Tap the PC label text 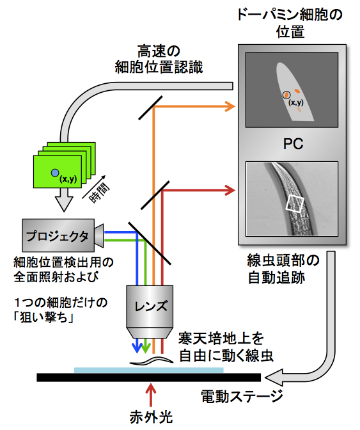293,144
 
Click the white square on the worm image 295,204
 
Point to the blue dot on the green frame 56,173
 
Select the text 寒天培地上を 217,337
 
